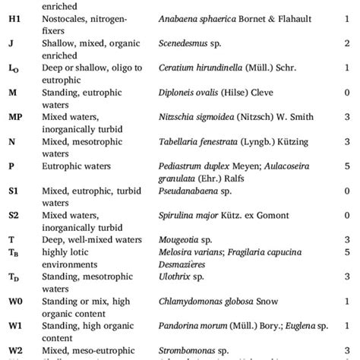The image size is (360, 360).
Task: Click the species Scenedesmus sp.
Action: (185, 44)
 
